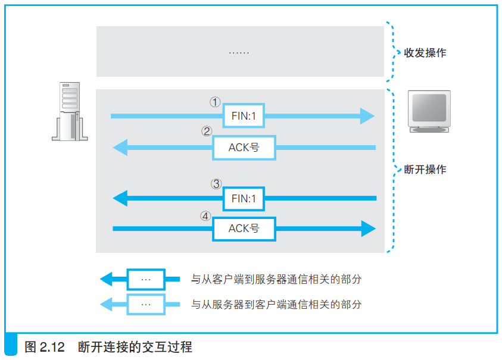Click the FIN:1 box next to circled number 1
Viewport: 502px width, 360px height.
pos(244,115)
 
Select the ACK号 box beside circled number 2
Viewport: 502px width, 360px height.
pos(244,148)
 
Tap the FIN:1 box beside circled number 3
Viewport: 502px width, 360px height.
pos(244,199)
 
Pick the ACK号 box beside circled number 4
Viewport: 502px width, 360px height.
pos(244,229)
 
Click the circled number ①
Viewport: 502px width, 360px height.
pos(215,102)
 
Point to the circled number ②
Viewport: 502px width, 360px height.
pos(207,131)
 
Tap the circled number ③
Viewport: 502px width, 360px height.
pos(216,184)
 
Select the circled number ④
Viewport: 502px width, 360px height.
pos(205,216)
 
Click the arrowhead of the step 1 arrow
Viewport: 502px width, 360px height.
pos(367,116)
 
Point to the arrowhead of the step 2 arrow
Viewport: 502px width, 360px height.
pos(120,148)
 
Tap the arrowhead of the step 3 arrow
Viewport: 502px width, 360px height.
pos(120,198)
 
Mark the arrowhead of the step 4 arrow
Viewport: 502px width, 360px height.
pos(369,228)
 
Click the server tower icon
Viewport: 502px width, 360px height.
pos(70,111)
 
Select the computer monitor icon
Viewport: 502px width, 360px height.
pos(429,111)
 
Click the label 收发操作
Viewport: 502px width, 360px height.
pos(425,53)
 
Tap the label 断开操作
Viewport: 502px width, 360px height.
pos(425,169)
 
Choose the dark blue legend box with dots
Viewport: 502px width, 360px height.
pos(146,279)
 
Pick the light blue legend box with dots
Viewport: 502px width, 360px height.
pos(146,304)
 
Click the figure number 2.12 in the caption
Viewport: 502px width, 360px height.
pos(52,347)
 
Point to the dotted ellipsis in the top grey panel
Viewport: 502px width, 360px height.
pos(239,52)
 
